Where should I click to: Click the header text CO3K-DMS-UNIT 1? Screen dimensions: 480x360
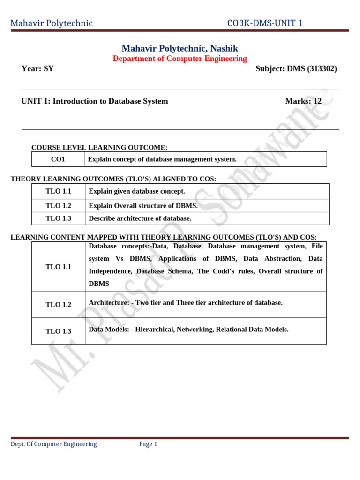[x=264, y=23]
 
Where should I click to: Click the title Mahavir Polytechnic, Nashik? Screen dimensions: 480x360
[x=180, y=48]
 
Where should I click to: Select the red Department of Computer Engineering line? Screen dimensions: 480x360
[x=180, y=59]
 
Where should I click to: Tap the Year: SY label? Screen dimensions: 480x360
[x=37, y=68]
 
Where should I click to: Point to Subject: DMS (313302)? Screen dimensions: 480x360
[x=296, y=68]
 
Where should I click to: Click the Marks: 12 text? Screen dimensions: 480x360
[x=303, y=101]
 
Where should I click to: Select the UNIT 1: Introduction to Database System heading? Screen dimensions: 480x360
[x=95, y=101]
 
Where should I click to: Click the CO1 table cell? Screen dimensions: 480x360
[x=58, y=159]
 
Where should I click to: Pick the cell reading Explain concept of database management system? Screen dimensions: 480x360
[x=162, y=159]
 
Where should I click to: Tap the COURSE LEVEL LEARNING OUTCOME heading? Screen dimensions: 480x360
[x=99, y=147]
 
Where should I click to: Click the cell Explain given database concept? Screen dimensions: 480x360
[x=137, y=191]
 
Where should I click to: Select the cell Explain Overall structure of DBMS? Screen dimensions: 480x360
[x=143, y=205]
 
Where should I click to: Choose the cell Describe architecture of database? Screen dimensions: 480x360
[x=140, y=218]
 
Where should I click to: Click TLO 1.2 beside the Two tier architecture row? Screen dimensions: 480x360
[x=58, y=305]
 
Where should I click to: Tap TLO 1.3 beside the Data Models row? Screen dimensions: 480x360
[x=58, y=331]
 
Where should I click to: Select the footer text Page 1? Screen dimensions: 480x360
[x=148, y=444]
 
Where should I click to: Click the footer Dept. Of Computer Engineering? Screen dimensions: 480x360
[x=53, y=444]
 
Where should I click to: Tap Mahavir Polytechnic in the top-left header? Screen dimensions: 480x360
[x=52, y=23]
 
